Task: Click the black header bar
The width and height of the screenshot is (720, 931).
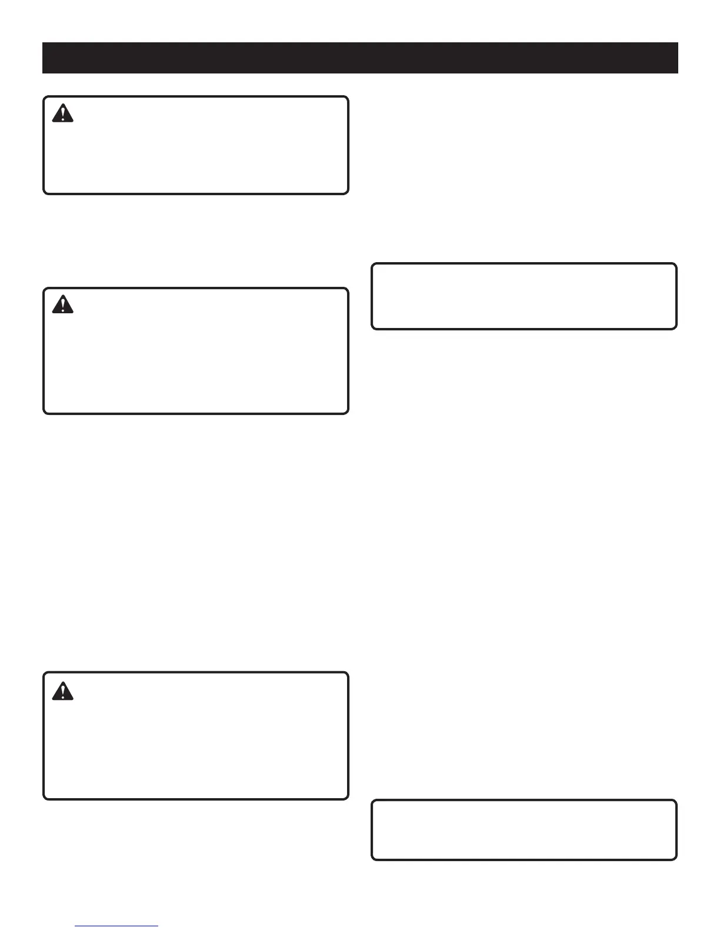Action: [360, 58]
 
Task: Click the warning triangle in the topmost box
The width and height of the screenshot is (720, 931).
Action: [62, 113]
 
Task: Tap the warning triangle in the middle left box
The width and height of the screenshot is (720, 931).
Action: [62, 304]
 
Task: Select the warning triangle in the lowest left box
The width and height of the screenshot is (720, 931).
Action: [62, 691]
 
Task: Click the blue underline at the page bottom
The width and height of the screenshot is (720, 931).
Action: [116, 926]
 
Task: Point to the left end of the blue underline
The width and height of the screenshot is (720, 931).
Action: [76, 926]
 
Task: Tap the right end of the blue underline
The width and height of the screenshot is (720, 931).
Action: [158, 926]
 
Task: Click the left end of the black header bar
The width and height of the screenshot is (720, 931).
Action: [44, 58]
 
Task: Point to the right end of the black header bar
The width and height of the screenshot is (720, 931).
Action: [677, 58]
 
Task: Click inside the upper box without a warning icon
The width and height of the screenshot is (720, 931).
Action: [524, 296]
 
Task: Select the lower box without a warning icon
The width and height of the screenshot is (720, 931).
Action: [524, 830]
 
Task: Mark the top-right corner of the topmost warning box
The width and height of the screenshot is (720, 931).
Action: [348, 98]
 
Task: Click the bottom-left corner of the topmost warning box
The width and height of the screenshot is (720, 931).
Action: [44, 193]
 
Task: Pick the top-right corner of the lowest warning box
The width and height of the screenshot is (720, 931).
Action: [348, 674]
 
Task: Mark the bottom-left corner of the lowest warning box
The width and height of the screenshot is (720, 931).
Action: [44, 798]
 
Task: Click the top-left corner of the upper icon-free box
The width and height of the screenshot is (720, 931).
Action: [372, 264]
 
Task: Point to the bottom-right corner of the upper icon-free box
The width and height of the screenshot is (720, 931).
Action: [676, 328]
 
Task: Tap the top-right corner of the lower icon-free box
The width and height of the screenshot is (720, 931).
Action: [676, 801]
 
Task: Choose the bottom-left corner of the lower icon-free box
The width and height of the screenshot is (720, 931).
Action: [372, 859]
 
